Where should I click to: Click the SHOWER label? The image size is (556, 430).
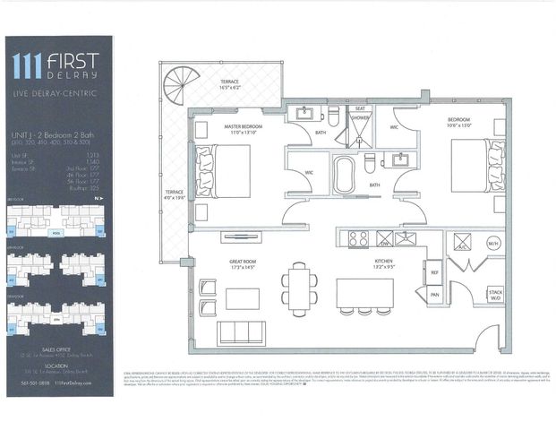click(360, 118)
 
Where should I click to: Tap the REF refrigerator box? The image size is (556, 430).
click(434, 272)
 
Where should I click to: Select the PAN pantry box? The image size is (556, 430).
click(434, 294)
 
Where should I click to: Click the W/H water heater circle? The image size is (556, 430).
click(492, 244)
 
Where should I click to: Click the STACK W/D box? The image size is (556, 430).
click(495, 295)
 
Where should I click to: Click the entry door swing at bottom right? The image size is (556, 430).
click(488, 339)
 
